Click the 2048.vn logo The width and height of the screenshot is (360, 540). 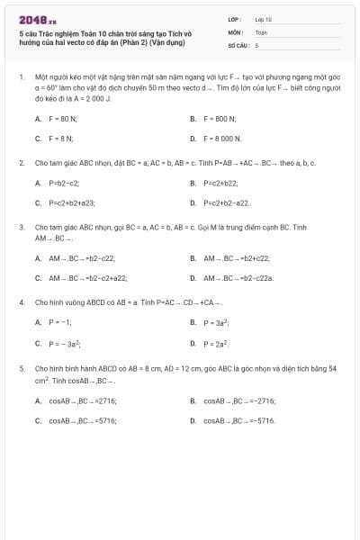click(31, 19)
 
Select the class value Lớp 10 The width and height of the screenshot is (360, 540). click(264, 18)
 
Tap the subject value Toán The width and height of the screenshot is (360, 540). click(261, 31)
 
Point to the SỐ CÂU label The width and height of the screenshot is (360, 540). click(238, 44)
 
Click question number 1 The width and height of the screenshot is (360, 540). click(22, 79)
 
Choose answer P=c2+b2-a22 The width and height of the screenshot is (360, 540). click(226, 203)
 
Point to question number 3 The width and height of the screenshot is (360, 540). click(22, 228)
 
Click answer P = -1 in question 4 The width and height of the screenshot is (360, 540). click(59, 321)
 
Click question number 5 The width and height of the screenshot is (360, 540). click(22, 368)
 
